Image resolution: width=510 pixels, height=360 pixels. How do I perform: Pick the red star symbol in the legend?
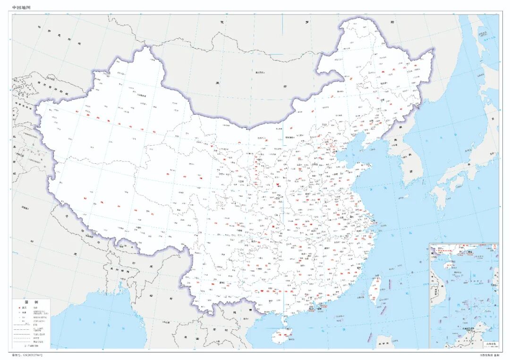20,308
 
